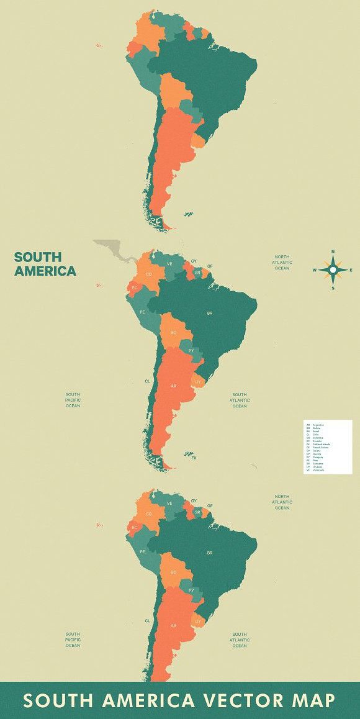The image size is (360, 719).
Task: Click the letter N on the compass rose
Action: click(x=333, y=252)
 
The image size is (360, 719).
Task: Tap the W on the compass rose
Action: click(x=314, y=270)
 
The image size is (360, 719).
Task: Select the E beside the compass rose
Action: click(x=351, y=270)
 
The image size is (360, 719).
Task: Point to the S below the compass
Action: click(x=333, y=288)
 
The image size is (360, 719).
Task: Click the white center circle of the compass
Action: click(x=333, y=270)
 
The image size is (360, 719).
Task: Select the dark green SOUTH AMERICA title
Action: click(x=45, y=264)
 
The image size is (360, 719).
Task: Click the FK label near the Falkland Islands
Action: click(x=194, y=458)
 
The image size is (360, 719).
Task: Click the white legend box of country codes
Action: click(x=328, y=447)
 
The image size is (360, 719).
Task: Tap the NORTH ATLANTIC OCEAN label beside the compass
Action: click(x=282, y=263)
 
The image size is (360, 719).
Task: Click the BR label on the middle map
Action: click(x=210, y=314)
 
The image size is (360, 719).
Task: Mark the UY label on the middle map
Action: click(x=198, y=381)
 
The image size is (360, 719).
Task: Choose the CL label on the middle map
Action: click(x=148, y=381)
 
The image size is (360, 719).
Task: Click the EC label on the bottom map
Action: click(x=135, y=527)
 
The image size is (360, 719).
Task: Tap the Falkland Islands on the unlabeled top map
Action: click(x=187, y=215)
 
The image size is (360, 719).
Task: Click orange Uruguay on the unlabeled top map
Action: click(x=198, y=142)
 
